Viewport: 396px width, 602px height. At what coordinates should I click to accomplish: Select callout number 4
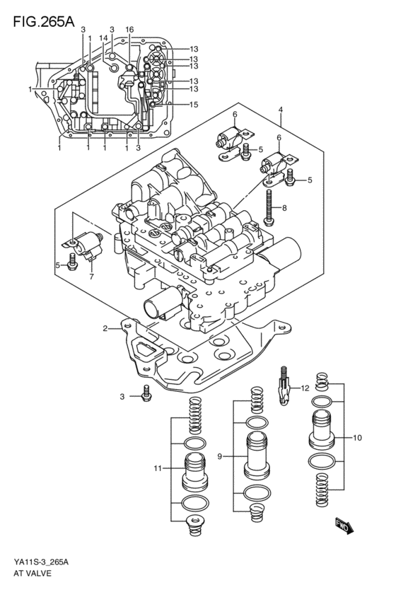[x=281, y=110]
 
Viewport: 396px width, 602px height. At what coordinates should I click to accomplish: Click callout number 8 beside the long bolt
[x=284, y=208]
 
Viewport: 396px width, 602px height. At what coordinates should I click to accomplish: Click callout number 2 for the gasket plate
[x=105, y=328]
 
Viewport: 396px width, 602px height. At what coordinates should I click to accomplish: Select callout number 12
[x=305, y=388]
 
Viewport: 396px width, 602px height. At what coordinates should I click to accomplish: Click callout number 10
[x=357, y=438]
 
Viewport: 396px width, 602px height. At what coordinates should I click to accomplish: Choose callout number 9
[x=220, y=456]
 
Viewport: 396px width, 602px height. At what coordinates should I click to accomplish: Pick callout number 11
[x=158, y=468]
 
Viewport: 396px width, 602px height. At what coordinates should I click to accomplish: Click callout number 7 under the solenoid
[x=91, y=277]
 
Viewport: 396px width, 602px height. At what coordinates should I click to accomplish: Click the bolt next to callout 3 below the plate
[x=146, y=395]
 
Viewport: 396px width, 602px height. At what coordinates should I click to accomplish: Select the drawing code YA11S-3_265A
[x=40, y=562]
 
